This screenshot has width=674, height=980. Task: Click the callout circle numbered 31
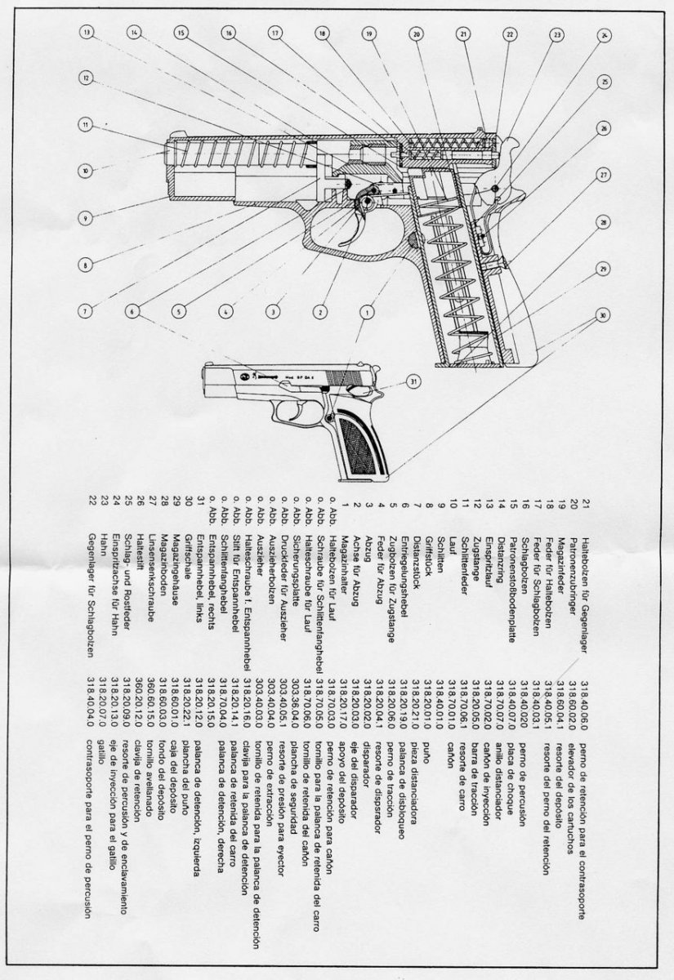click(414, 381)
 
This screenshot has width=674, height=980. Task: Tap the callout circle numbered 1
click(368, 311)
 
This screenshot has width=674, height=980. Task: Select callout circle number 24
click(605, 35)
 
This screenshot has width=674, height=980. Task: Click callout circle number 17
click(275, 33)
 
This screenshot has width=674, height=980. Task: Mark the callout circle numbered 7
click(85, 310)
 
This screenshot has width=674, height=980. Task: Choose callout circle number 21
click(464, 34)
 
